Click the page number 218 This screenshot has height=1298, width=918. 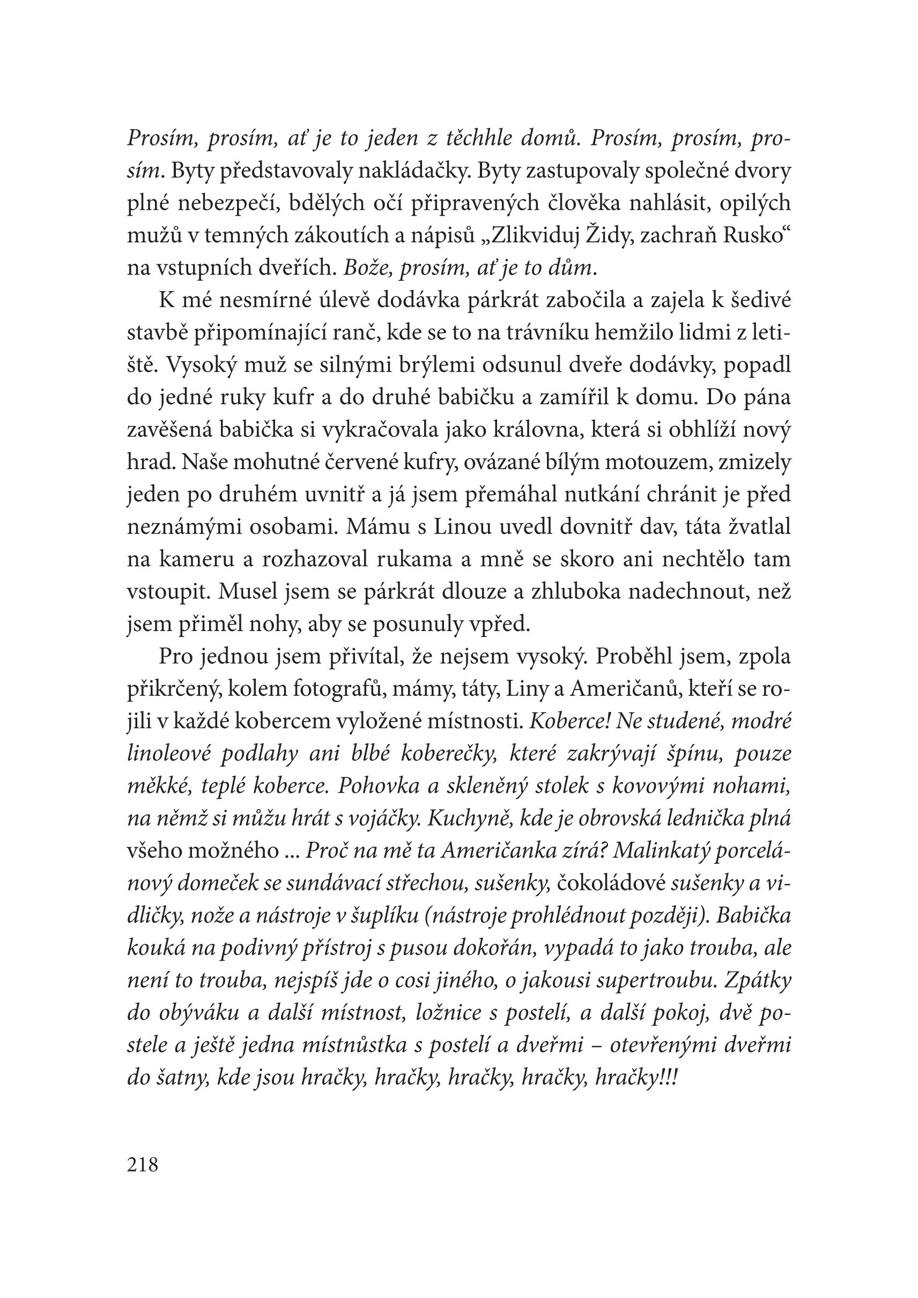pos(143,1165)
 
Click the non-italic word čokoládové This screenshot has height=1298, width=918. pos(611,884)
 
